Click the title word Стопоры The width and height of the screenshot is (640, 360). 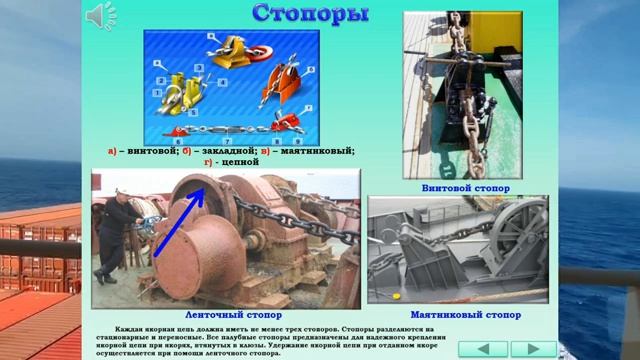[x=309, y=14]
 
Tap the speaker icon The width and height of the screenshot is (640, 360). [x=101, y=15]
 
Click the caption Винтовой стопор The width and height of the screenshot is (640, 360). [x=465, y=187]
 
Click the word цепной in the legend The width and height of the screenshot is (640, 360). [x=237, y=161]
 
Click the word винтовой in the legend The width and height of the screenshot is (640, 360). [x=151, y=151]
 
